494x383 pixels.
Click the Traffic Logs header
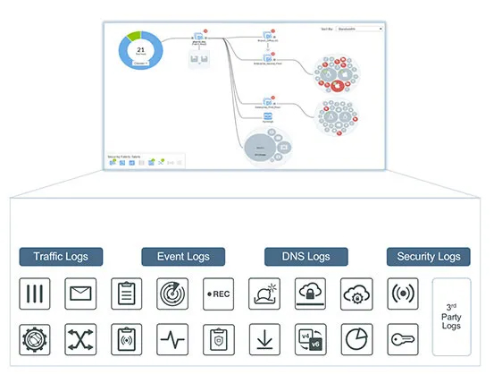pos(62,257)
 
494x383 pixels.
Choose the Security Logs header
pos(428,257)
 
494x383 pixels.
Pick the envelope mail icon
pos(80,293)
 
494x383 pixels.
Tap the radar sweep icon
pos(172,293)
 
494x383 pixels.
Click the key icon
pos(402,340)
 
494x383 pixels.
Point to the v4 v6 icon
pos(310,340)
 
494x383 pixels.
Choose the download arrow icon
pos(264,340)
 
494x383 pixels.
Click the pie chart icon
pos(356,340)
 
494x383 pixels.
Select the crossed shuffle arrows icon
pos(80,340)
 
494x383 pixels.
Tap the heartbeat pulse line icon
pos(172,340)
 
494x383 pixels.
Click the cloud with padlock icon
pos(310,293)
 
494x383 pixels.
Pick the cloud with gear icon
pos(356,293)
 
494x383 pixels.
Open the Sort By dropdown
pos(356,29)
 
